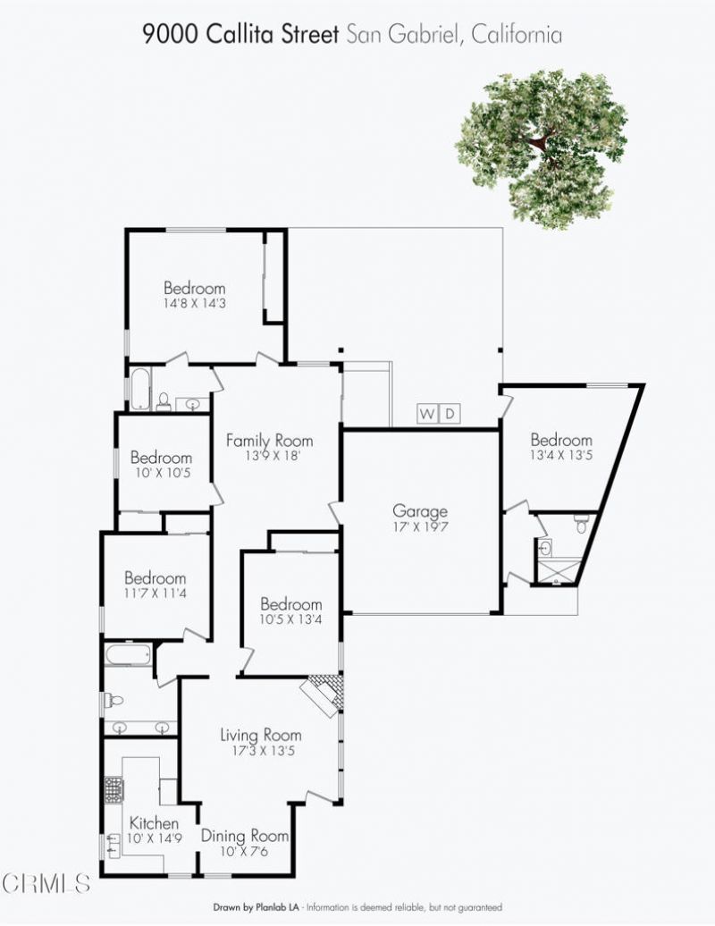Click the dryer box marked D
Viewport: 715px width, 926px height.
pyautogui.click(x=450, y=414)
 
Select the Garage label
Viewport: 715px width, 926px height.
pyautogui.click(x=420, y=511)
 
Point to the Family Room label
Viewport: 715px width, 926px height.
pyautogui.click(x=269, y=441)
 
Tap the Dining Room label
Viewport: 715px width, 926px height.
pyautogui.click(x=244, y=837)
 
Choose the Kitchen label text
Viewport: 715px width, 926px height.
pyautogui.click(x=154, y=823)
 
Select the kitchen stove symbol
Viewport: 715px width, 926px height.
pyautogui.click(x=114, y=790)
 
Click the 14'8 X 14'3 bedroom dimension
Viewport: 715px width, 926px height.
pyautogui.click(x=194, y=304)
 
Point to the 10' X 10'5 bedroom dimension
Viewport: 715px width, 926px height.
pyautogui.click(x=161, y=473)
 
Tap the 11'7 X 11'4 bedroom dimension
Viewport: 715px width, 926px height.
pyautogui.click(x=155, y=593)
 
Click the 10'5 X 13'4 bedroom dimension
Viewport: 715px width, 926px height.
pyautogui.click(x=290, y=619)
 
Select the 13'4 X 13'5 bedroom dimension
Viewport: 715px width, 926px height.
pyautogui.click(x=560, y=455)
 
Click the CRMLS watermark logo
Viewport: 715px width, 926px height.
pyautogui.click(x=46, y=883)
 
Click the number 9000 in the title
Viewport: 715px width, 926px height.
pyautogui.click(x=171, y=34)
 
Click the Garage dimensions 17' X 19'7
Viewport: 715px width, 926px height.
pyautogui.click(x=420, y=526)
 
